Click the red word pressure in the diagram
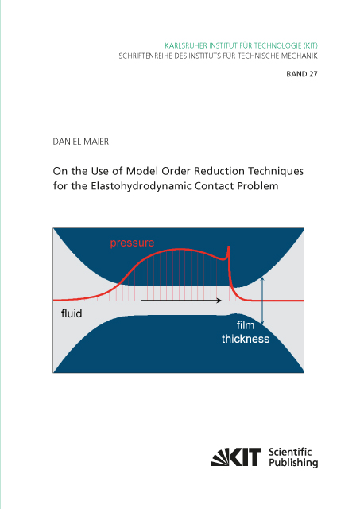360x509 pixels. click(x=132, y=243)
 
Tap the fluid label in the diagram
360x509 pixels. click(x=72, y=313)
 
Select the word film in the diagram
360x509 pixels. click(x=246, y=325)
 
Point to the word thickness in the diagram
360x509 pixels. click(x=246, y=340)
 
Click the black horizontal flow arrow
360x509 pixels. click(x=181, y=301)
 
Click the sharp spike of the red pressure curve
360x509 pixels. click(x=229, y=247)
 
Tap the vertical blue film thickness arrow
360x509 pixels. click(x=262, y=301)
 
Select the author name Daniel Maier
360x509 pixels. click(x=81, y=142)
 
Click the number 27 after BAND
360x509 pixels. click(x=313, y=74)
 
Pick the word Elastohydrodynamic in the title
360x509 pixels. click(x=141, y=186)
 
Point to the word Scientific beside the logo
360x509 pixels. click(x=290, y=452)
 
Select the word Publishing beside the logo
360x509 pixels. click(x=293, y=463)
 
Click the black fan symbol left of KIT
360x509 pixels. click(x=219, y=458)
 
